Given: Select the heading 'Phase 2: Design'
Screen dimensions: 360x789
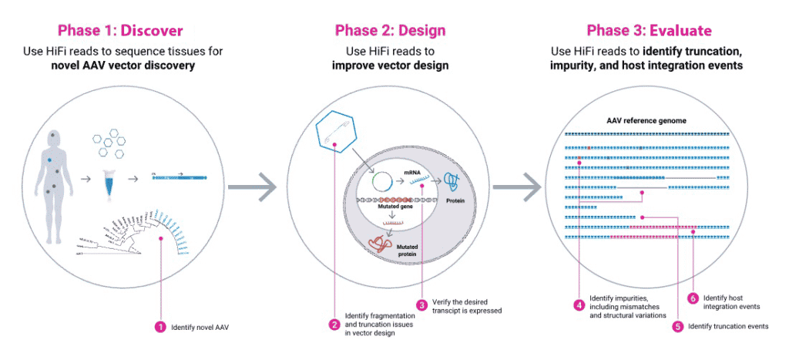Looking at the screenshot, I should pyautogui.click(x=390, y=31).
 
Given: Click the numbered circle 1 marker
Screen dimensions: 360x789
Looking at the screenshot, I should pyautogui.click(x=160, y=327).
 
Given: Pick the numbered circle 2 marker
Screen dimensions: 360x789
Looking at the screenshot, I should pyautogui.click(x=334, y=325).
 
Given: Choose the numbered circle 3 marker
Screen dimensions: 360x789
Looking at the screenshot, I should pyautogui.click(x=421, y=305).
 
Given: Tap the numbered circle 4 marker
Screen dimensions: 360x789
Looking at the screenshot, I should pyautogui.click(x=579, y=304).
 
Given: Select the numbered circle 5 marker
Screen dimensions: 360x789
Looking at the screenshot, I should pyautogui.click(x=677, y=326).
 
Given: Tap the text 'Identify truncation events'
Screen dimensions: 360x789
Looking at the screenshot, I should pyautogui.click(x=727, y=326).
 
